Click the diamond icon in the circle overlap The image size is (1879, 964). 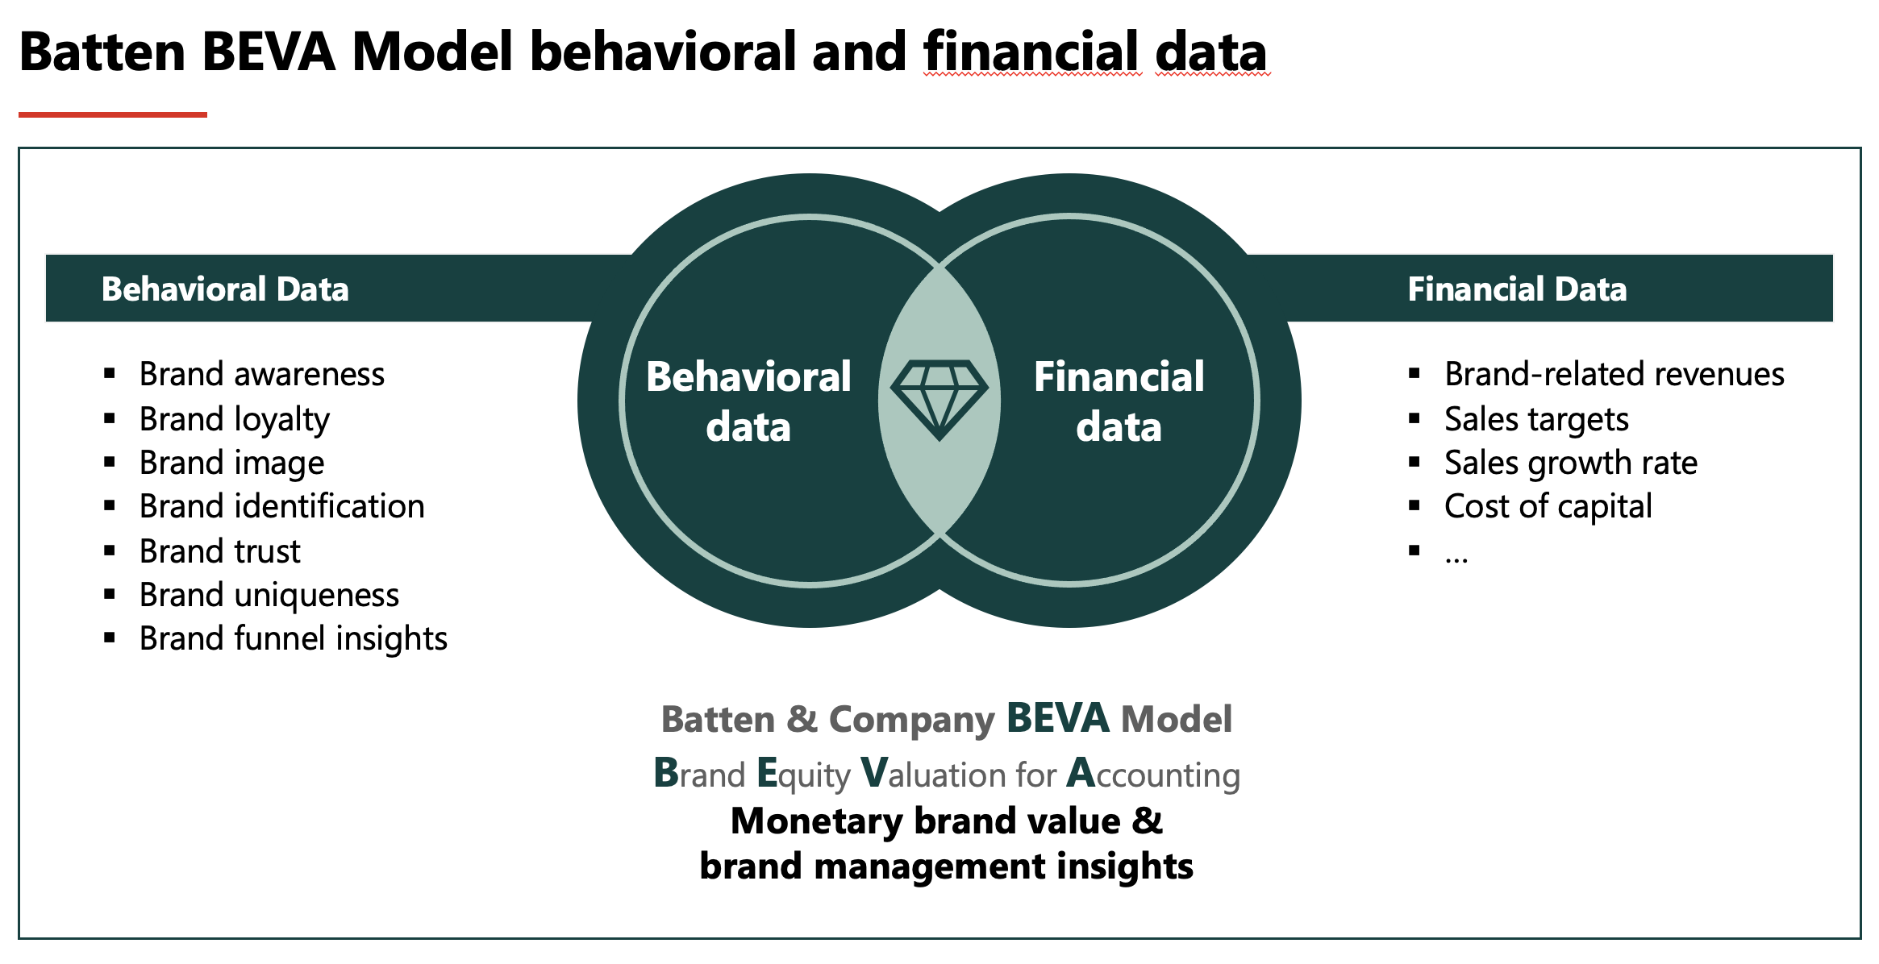[939, 400]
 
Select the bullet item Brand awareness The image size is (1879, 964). [262, 374]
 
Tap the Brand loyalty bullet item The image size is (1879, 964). [235, 419]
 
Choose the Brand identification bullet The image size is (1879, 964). [282, 506]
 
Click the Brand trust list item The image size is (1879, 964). [220, 551]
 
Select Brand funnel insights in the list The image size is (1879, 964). [294, 638]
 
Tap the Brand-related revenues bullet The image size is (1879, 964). [1614, 374]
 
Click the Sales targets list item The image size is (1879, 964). [1536, 419]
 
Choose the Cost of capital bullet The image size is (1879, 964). [1548, 507]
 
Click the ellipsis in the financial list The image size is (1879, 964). [1456, 559]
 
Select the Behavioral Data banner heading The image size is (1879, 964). [225, 289]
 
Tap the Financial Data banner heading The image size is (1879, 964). [1517, 289]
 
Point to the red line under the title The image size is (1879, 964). [113, 114]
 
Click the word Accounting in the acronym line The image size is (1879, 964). [1153, 773]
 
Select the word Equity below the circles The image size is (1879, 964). [804, 773]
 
